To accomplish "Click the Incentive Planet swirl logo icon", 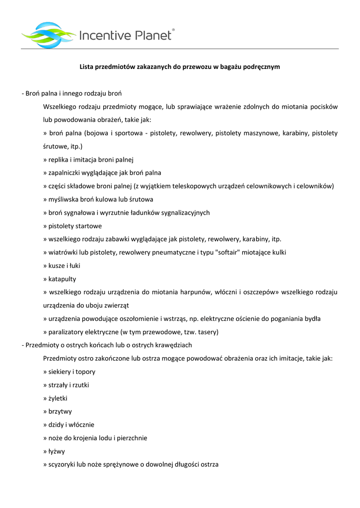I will [x=49, y=34].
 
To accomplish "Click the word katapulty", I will [x=62, y=279].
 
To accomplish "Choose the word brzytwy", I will [x=60, y=411].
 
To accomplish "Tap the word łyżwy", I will [x=57, y=451].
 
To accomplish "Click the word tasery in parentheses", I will [x=207, y=332].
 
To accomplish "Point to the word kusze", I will [x=57, y=265].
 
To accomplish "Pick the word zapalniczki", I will [x=67, y=173].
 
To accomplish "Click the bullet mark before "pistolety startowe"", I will [x=45, y=226].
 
